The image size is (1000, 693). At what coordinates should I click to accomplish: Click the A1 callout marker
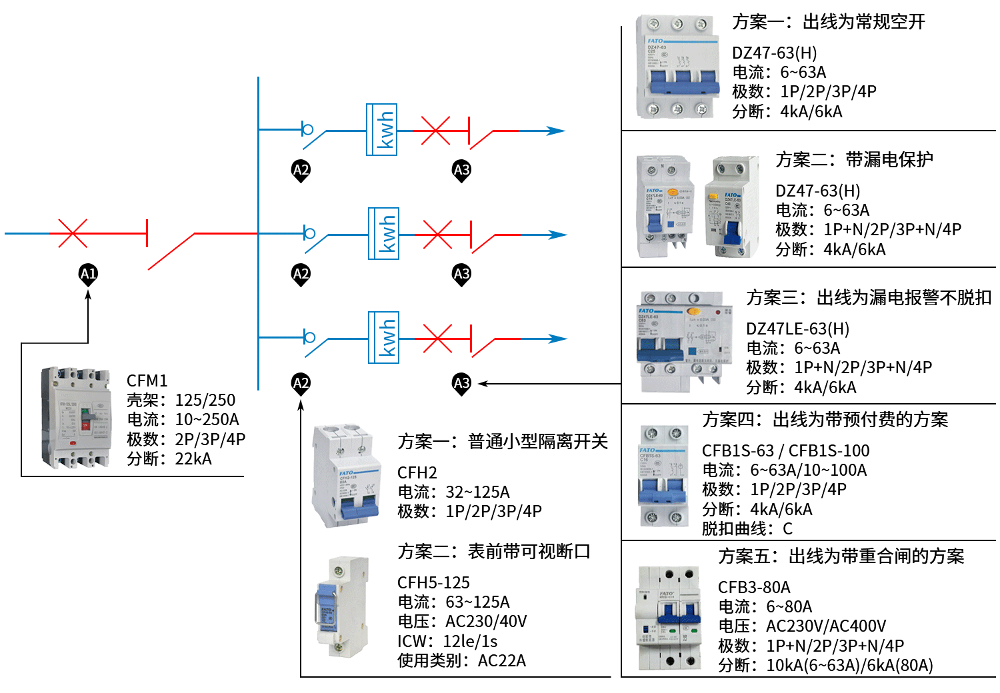click(88, 273)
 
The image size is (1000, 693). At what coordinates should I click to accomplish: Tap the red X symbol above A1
click(72, 233)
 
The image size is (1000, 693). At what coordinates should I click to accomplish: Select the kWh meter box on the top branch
click(382, 130)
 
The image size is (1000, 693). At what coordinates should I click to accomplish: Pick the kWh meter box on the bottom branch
click(384, 338)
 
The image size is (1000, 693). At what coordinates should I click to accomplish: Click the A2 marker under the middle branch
click(301, 273)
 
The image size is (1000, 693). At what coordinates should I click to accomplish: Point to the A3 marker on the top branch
click(461, 170)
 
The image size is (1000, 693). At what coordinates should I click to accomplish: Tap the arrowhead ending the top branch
click(556, 131)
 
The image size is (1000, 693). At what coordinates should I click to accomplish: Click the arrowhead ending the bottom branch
click(558, 339)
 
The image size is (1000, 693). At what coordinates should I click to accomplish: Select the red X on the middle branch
click(437, 235)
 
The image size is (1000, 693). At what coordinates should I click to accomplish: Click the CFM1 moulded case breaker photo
click(76, 418)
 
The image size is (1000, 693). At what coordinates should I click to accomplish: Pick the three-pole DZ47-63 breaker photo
click(678, 67)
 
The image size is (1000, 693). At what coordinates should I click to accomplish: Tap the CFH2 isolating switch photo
click(345, 475)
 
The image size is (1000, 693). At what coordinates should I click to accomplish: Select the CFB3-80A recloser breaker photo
click(669, 618)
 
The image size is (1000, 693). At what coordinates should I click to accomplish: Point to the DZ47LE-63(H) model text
click(798, 329)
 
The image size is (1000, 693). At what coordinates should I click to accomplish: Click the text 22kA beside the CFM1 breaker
click(193, 458)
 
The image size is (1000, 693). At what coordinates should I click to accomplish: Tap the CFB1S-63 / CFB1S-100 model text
click(786, 450)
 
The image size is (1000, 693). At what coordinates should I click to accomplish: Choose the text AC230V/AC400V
click(825, 626)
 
